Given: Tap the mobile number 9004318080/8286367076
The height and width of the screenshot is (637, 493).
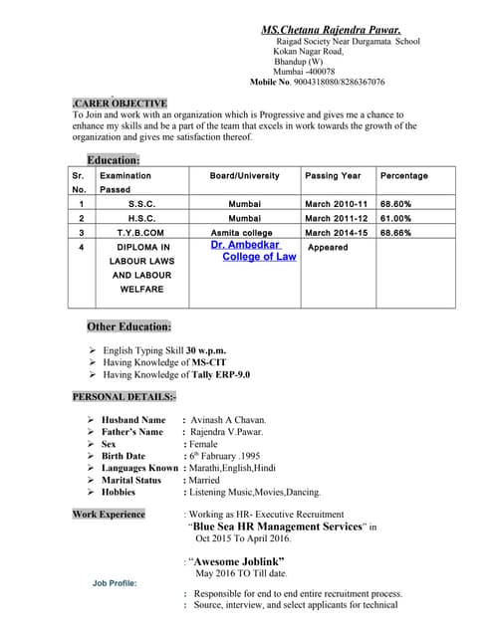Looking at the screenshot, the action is [337, 82].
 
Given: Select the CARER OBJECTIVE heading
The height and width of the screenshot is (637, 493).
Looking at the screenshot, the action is [121, 103].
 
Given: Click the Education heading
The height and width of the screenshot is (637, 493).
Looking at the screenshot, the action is [114, 160].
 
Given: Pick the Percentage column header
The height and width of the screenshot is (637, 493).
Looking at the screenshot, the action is [404, 176].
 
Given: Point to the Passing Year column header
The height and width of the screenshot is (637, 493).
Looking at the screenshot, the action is [333, 176].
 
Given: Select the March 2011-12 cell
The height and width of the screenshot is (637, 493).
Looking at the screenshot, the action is [337, 218].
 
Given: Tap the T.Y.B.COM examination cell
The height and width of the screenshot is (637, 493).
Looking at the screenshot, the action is [140, 233].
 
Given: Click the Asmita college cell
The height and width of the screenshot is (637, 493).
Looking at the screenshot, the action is [242, 233].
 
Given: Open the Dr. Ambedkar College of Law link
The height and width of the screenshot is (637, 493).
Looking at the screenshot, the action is [253, 250].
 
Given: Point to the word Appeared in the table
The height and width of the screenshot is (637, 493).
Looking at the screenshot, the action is [328, 247].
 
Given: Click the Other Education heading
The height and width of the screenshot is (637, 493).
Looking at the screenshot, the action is [129, 325].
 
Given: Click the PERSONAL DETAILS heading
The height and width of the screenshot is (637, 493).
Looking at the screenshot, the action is [123, 397].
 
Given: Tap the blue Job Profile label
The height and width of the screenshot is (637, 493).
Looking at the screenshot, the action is [116, 583].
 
